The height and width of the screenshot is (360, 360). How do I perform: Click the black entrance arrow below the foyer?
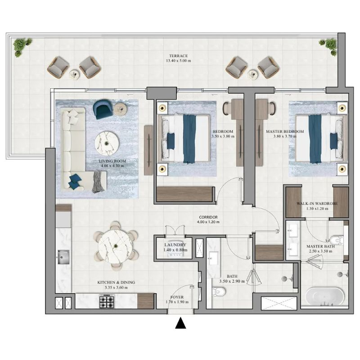click(x=180, y=323)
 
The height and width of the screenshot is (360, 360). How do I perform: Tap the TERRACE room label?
click(x=178, y=56)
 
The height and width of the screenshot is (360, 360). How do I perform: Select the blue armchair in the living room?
click(x=103, y=109)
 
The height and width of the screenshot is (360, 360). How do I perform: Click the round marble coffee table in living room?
click(x=107, y=144)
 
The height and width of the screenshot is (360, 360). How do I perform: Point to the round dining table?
click(x=115, y=246)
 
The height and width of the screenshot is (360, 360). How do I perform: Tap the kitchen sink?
click(x=63, y=257)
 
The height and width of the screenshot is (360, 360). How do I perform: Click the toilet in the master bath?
click(x=337, y=240)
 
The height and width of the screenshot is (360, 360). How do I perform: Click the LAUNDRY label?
click(x=175, y=245)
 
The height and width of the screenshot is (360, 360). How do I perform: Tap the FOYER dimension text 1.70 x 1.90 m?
click(x=177, y=302)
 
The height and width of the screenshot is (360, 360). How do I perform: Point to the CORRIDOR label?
click(x=208, y=217)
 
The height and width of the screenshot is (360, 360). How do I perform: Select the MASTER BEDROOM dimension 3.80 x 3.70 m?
click(x=285, y=136)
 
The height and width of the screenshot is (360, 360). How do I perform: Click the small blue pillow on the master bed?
click(x=334, y=141)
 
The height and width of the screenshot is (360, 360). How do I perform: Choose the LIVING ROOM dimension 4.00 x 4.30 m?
click(x=112, y=166)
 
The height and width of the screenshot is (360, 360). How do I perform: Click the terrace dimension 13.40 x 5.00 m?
click(x=178, y=61)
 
